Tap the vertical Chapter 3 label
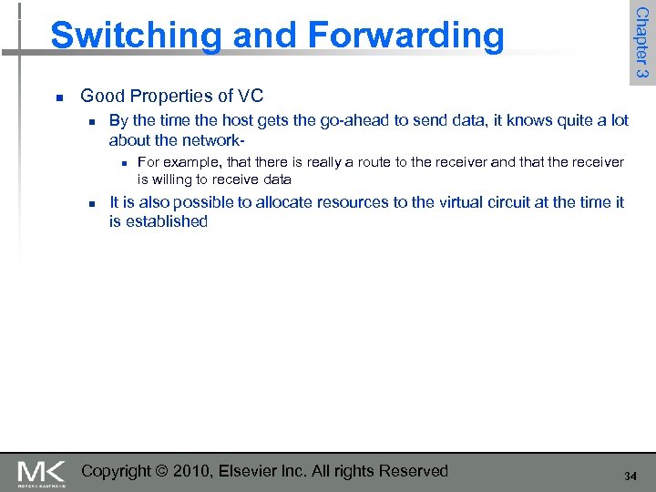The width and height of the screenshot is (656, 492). [641, 42]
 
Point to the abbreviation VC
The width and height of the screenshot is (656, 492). [250, 96]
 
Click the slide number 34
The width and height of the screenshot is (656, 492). [630, 477]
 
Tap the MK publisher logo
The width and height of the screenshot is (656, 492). [42, 472]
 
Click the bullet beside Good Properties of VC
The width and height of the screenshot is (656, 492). [58, 97]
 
